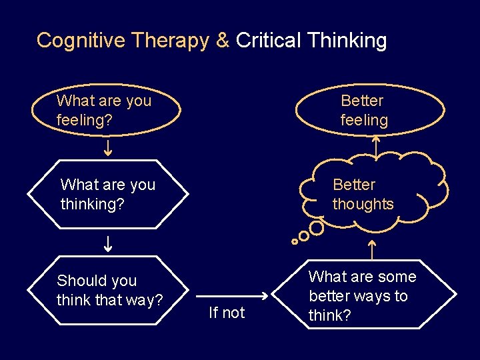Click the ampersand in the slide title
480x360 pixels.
222,41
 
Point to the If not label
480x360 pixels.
227,313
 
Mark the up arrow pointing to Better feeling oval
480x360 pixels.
375,147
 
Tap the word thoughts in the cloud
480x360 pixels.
363,204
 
